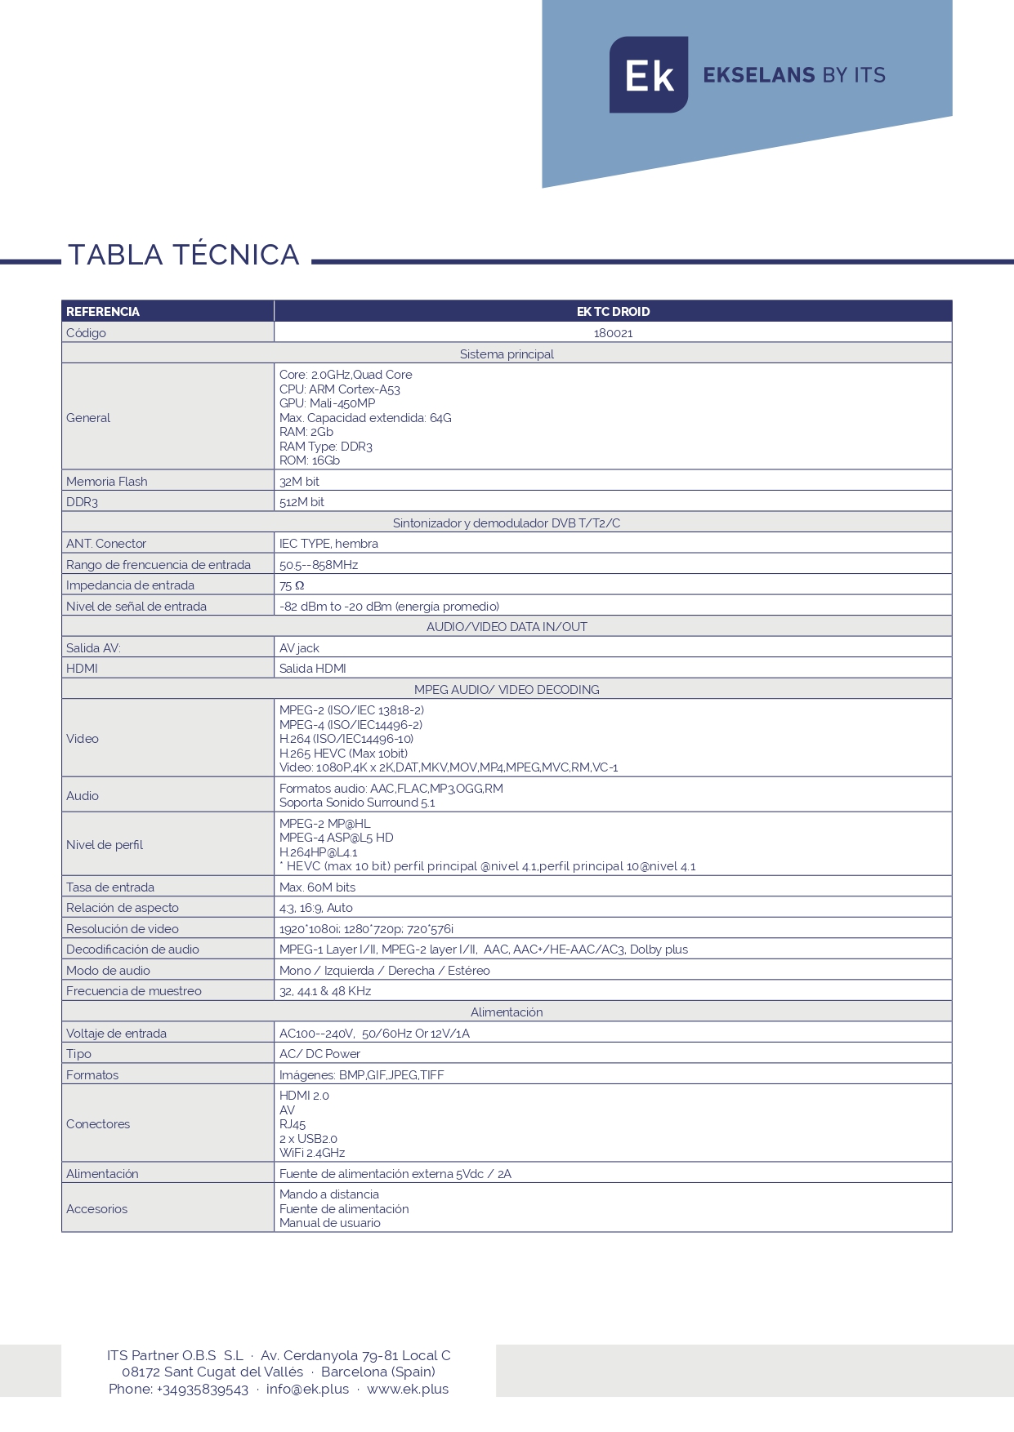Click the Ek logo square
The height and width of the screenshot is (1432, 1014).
(x=648, y=75)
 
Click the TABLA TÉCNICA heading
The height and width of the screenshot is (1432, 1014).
(x=184, y=255)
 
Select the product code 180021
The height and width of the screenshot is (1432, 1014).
(x=613, y=333)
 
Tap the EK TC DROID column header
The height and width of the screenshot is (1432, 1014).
(x=613, y=312)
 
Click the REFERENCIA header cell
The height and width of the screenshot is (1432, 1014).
(x=103, y=312)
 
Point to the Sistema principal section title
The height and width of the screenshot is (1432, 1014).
(x=507, y=354)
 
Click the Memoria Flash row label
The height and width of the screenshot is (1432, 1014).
(x=107, y=482)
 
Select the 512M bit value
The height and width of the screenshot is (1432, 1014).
(x=302, y=502)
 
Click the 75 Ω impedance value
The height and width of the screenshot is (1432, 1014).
(x=292, y=585)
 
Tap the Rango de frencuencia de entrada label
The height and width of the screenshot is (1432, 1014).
(x=159, y=565)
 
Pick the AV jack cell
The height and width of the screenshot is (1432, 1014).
(x=299, y=648)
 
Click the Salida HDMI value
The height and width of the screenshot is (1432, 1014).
(x=312, y=669)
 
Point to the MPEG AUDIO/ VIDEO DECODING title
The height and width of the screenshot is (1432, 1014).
(x=507, y=690)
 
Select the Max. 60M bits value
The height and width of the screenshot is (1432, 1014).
(x=317, y=887)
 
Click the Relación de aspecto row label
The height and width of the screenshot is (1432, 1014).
(x=123, y=908)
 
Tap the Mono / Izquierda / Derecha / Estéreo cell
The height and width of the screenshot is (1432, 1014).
(x=385, y=971)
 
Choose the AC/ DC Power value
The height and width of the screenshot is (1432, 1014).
(x=319, y=1054)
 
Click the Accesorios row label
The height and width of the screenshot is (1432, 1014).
(x=97, y=1209)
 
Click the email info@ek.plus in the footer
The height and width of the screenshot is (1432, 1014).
(x=307, y=1389)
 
